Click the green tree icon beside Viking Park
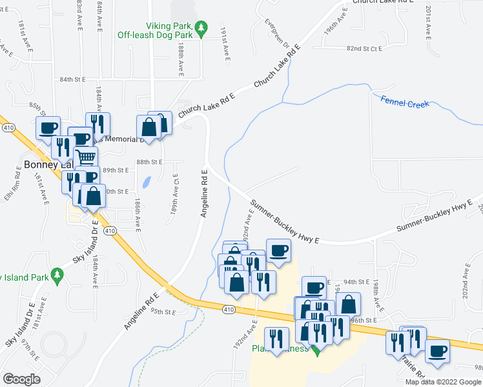click(202, 28)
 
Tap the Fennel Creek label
click(405, 101)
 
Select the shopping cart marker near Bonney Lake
click(86, 156)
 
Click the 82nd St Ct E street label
click(364, 48)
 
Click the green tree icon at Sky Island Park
click(57, 275)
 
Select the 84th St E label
click(72, 79)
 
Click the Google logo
click(21, 379)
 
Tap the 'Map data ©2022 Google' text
click(443, 382)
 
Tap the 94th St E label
click(356, 282)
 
